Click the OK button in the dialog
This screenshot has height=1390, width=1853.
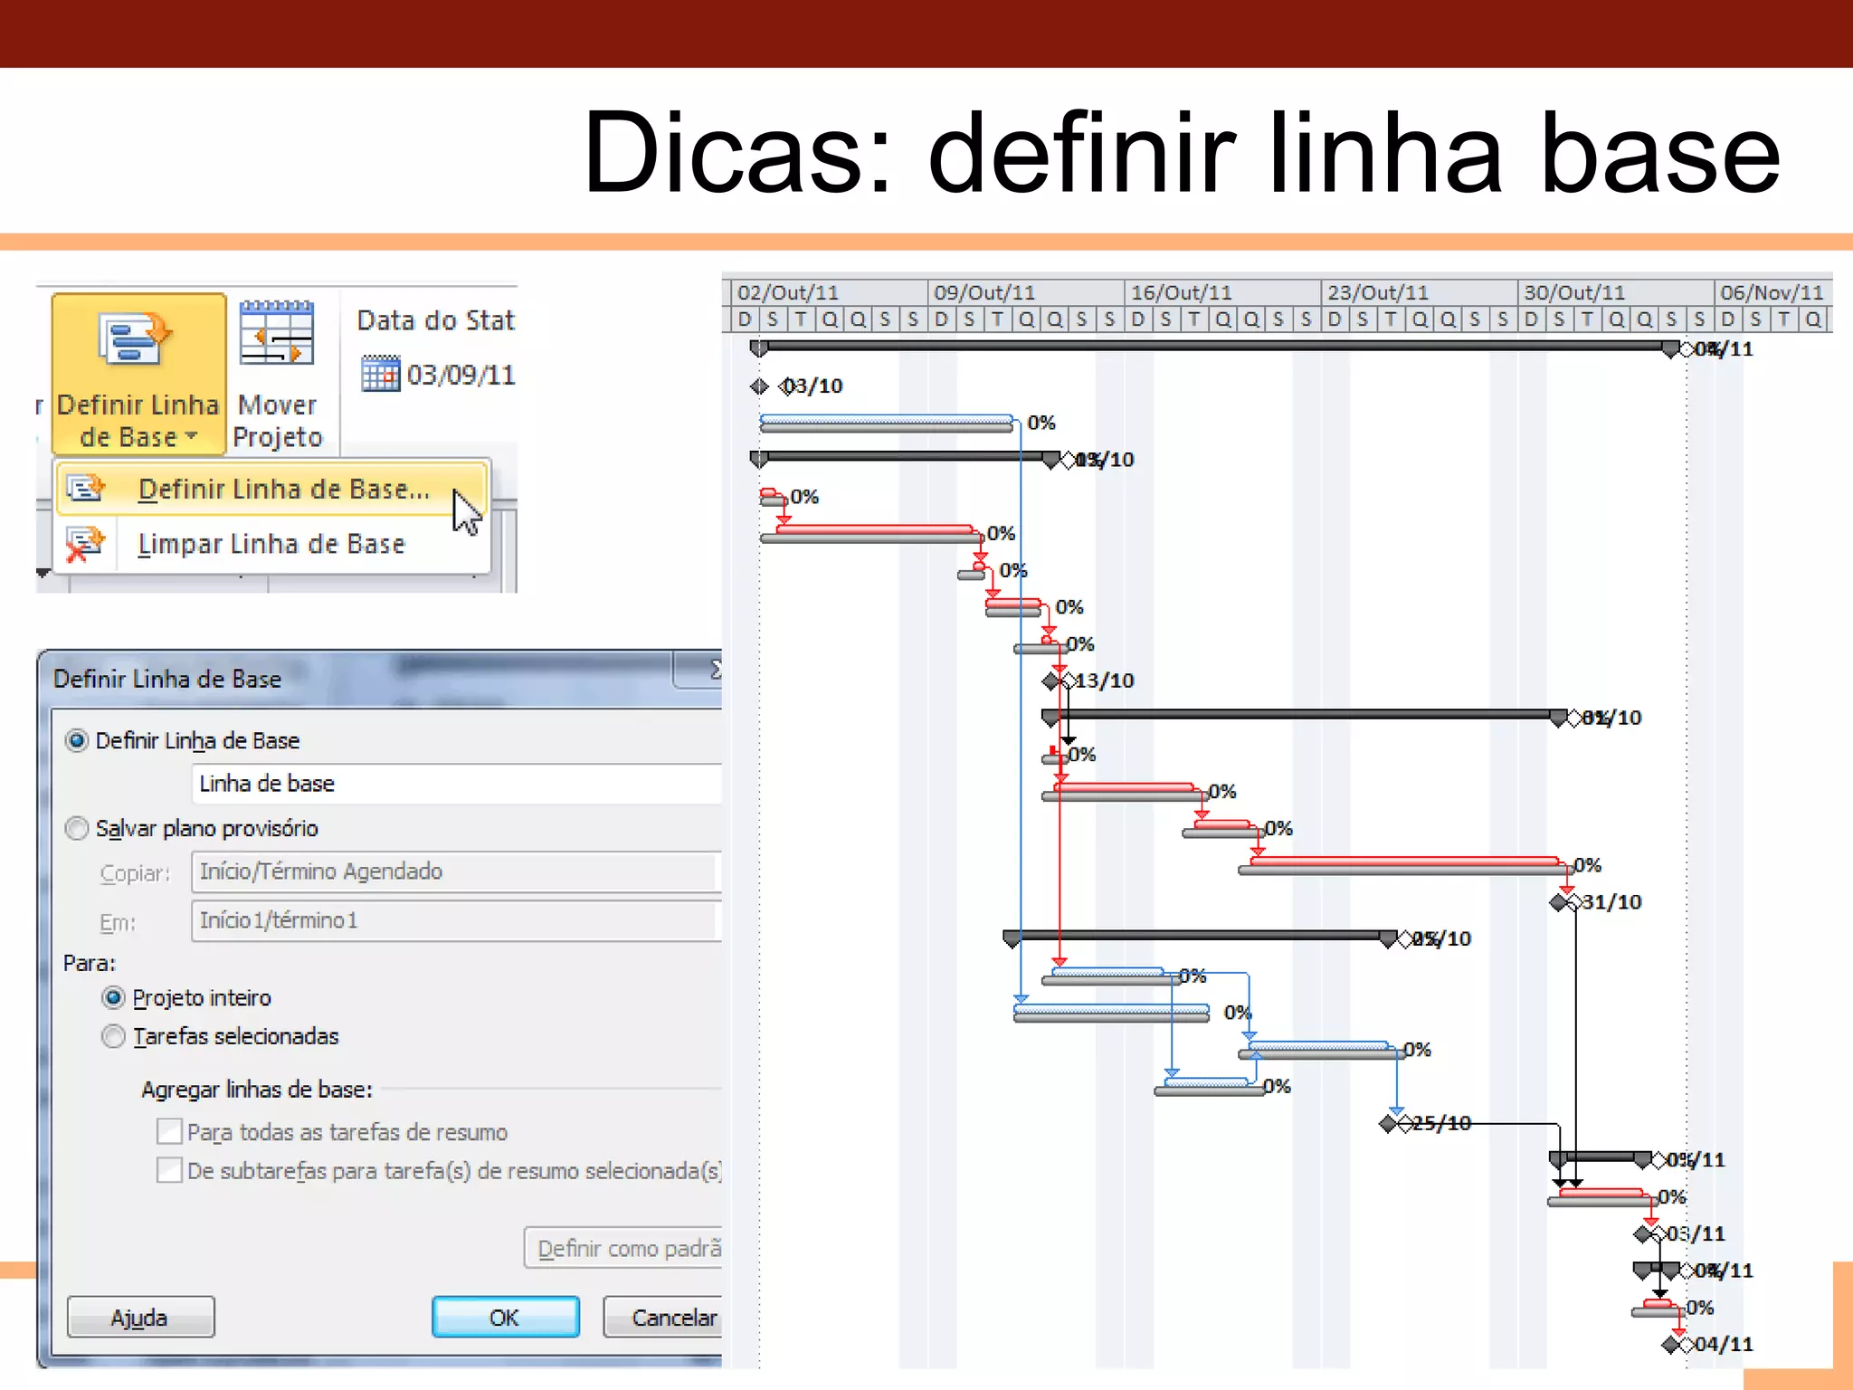[x=505, y=1317]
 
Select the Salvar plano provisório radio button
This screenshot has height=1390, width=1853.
[x=78, y=828]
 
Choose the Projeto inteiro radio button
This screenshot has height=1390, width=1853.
[x=114, y=997]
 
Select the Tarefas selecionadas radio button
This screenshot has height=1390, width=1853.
[x=114, y=1036]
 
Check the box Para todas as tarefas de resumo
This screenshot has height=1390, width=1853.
[x=169, y=1131]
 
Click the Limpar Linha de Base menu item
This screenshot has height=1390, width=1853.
[x=271, y=544]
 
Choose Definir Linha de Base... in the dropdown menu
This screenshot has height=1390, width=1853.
[x=282, y=489]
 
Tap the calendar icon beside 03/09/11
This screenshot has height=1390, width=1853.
[x=380, y=373]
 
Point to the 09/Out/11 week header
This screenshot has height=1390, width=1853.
[x=984, y=292]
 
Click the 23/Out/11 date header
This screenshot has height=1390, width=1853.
[x=1377, y=292]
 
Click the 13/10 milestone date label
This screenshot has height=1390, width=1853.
[x=1104, y=681]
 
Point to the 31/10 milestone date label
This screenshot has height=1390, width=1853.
[x=1611, y=902]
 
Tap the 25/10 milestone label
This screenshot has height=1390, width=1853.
[x=1441, y=1123]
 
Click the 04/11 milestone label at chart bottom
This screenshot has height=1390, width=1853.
[x=1723, y=1344]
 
